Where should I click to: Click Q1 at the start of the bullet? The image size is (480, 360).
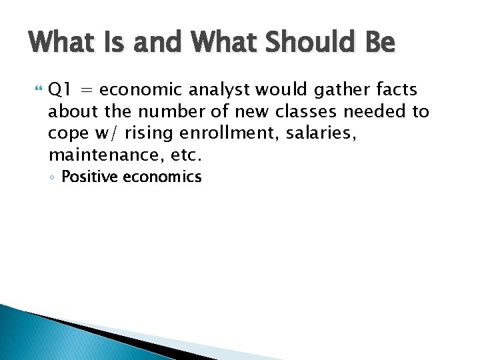tap(58, 89)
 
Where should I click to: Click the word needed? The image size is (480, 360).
tap(372, 112)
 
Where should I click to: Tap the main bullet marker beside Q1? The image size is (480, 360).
tap(36, 89)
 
